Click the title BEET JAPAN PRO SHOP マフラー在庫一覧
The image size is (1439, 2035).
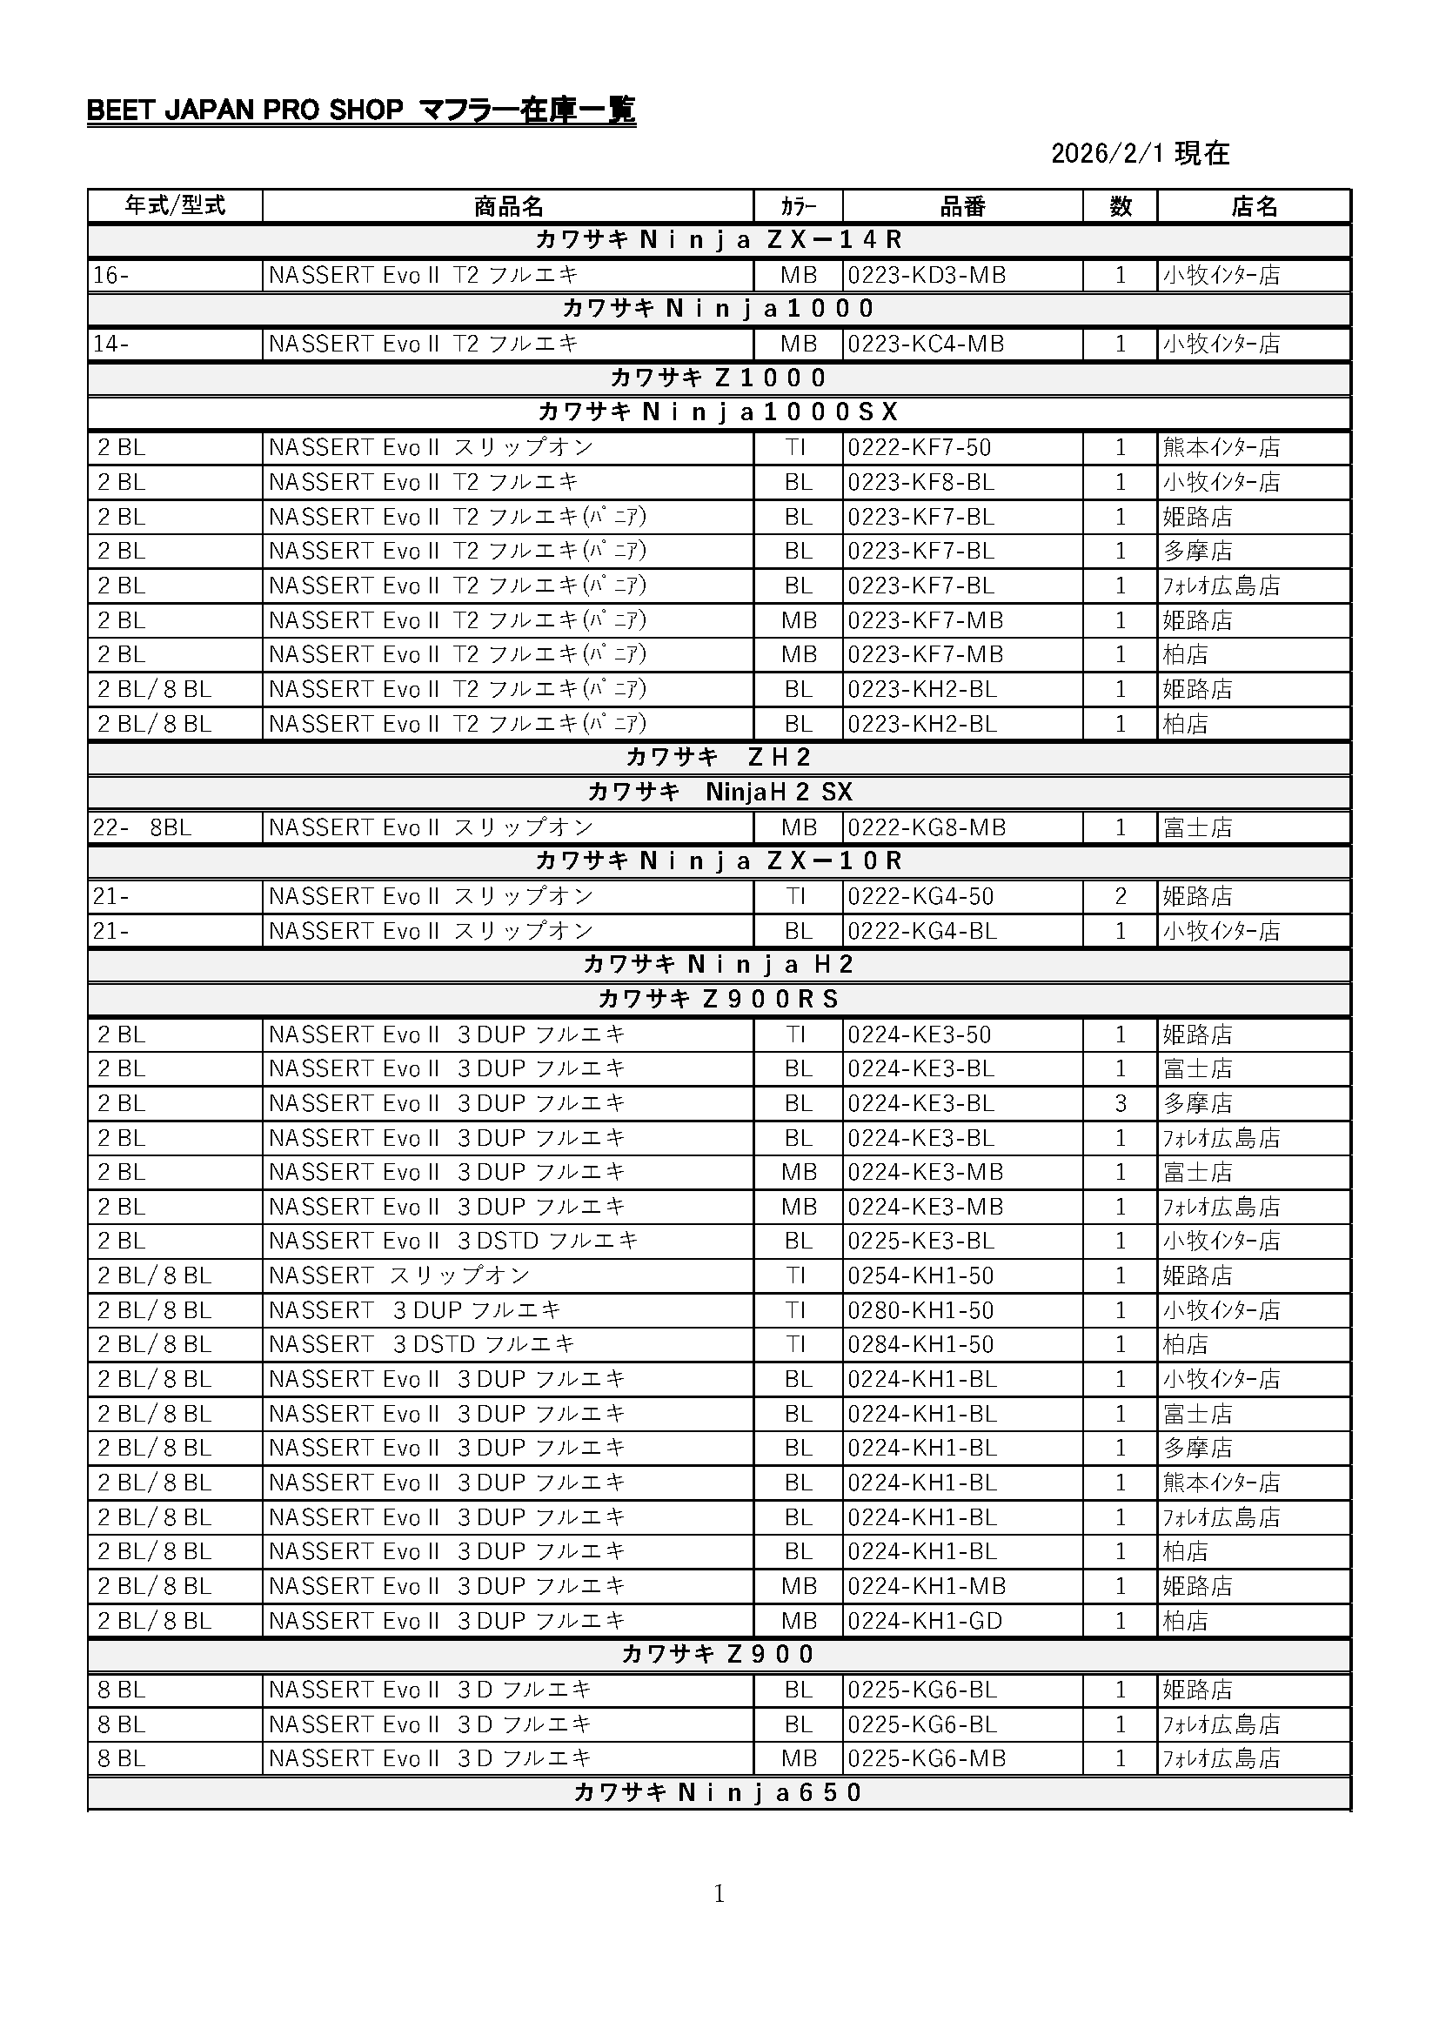[361, 110]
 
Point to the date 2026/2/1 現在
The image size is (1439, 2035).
[1140, 153]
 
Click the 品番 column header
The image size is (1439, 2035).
[962, 206]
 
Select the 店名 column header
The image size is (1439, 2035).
[1254, 206]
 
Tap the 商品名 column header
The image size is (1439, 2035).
[508, 206]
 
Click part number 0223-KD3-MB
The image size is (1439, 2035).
[927, 276]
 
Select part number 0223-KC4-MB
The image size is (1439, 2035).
[926, 344]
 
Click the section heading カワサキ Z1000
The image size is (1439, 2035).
[719, 378]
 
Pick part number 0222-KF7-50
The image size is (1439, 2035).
[919, 447]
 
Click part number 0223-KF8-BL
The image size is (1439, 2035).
[920, 482]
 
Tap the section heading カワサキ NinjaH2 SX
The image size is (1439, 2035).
[719, 792]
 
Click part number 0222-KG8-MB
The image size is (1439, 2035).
[927, 827]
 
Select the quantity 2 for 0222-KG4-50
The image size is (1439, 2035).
[1120, 896]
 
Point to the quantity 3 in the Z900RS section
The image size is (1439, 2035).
[1120, 1103]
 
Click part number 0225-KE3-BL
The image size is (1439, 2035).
[920, 1241]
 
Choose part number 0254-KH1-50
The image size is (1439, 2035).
[919, 1275]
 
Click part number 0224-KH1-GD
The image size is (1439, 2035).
[925, 1621]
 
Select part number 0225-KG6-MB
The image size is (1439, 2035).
[927, 1758]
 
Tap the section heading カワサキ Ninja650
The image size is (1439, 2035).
[719, 1793]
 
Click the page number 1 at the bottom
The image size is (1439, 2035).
[719, 1894]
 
